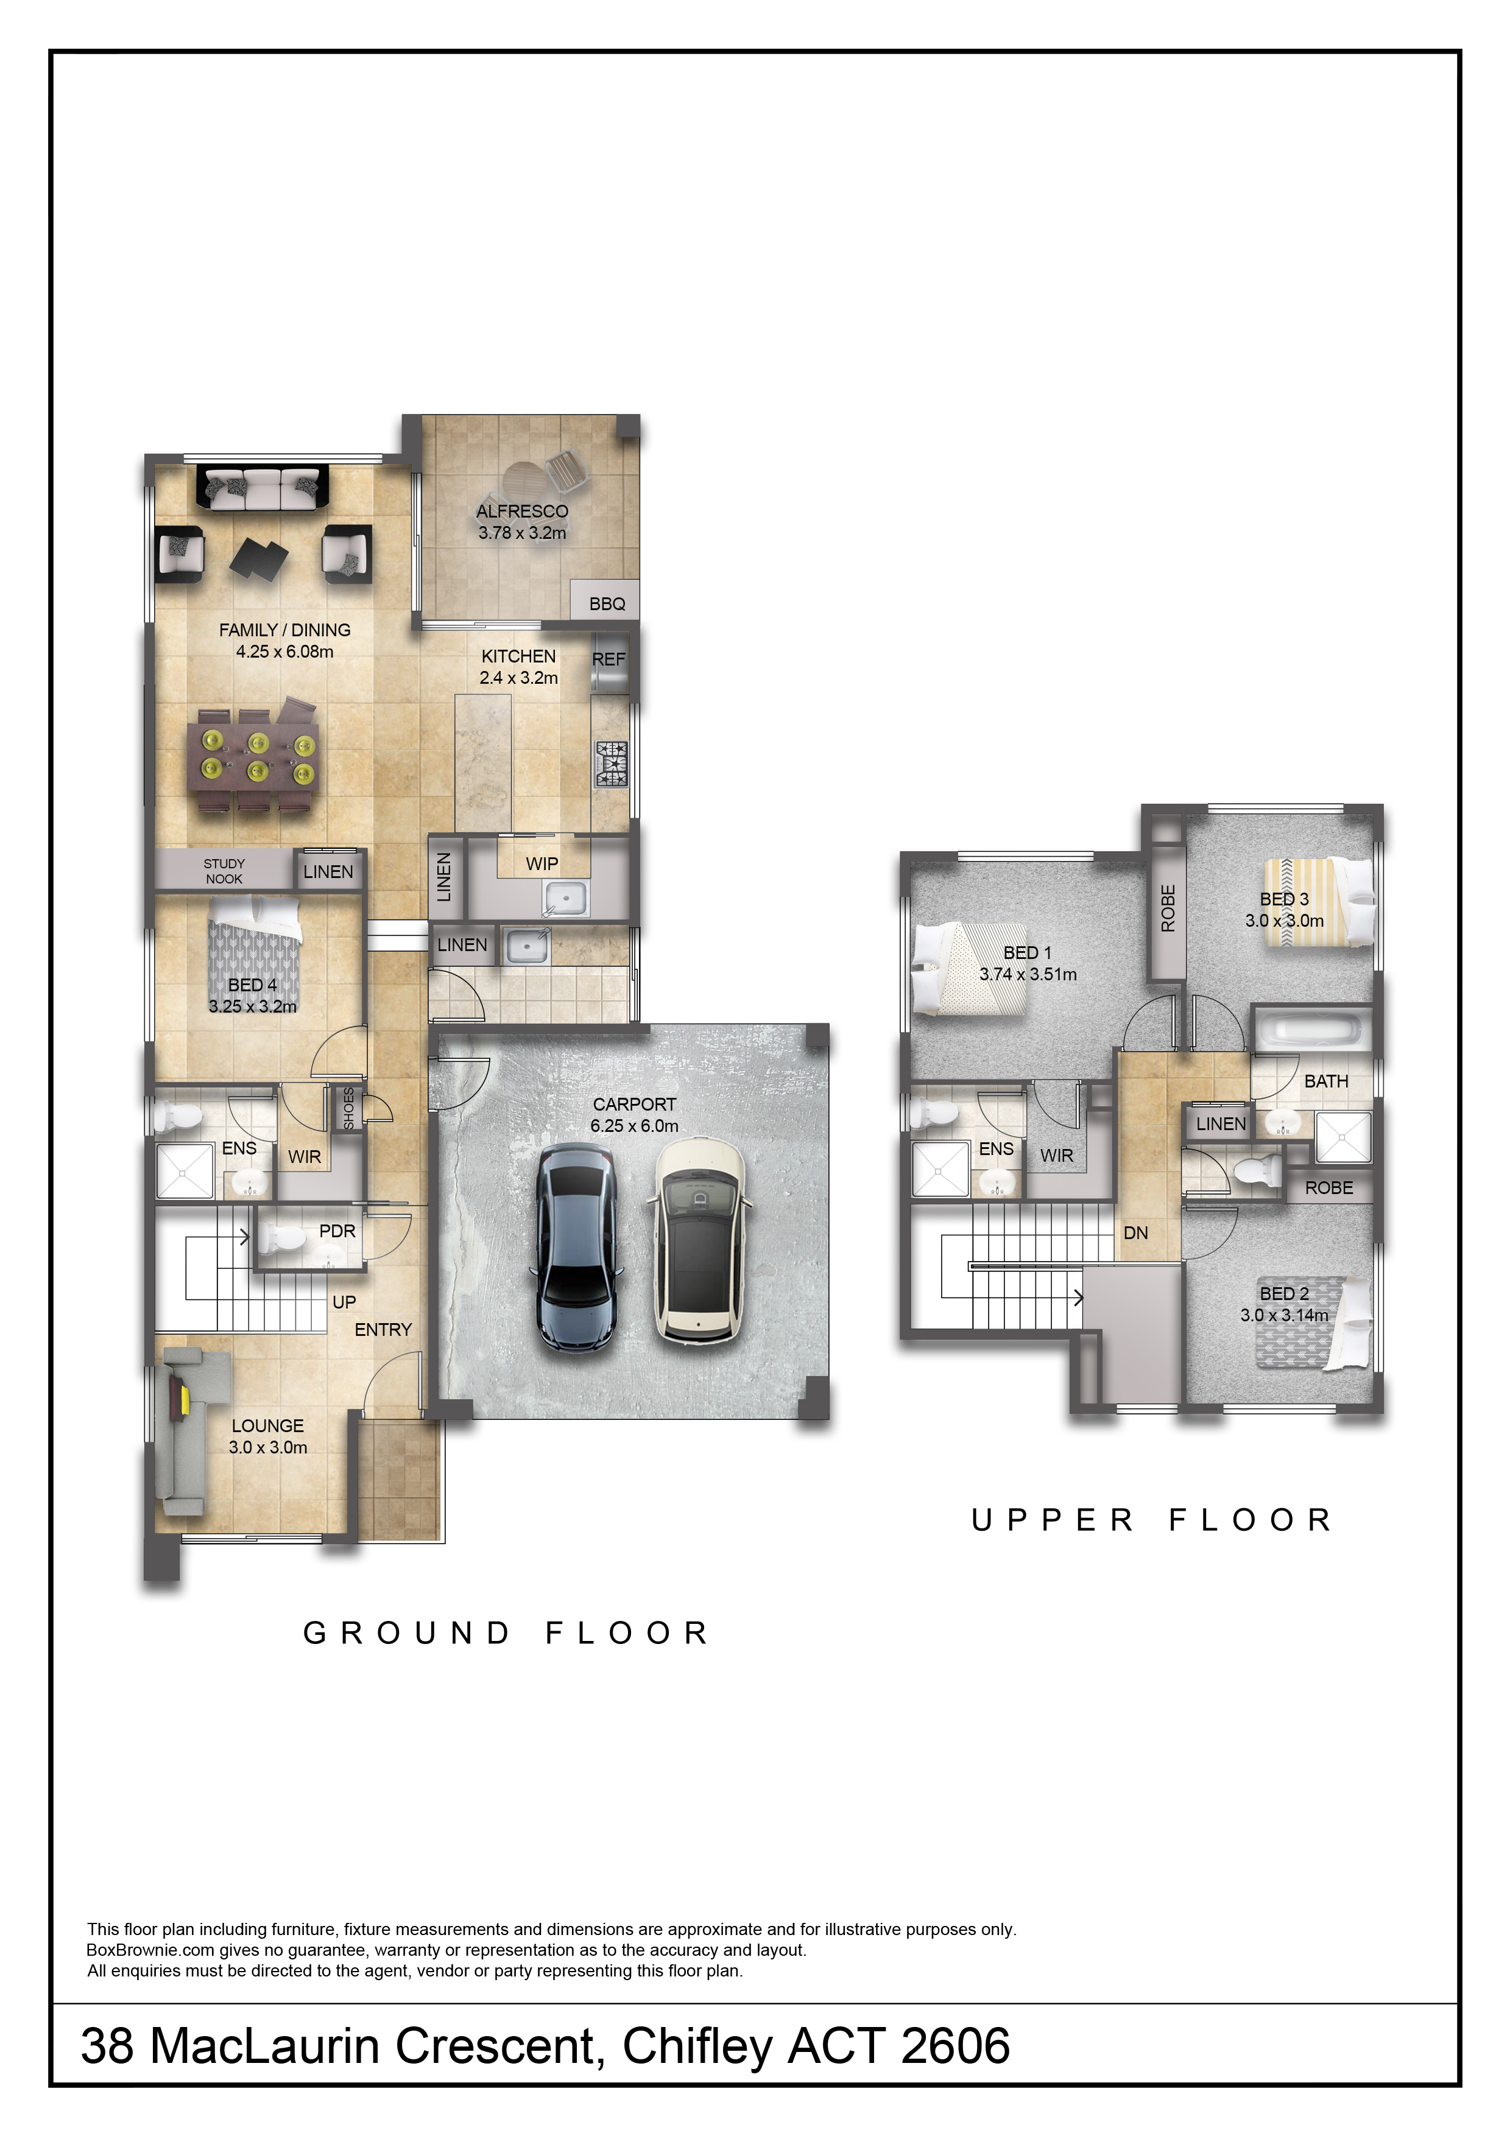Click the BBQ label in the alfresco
click(607, 604)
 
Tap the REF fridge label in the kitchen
click(609, 659)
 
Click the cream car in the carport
click(698, 1240)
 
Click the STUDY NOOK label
click(224, 871)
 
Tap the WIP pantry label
click(542, 863)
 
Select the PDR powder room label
click(337, 1230)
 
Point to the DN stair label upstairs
click(1135, 1232)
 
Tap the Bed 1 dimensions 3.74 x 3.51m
click(1027, 974)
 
